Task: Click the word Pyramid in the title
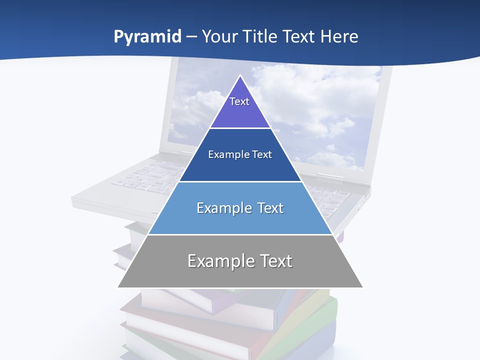coord(147,37)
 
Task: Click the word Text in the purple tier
coord(239,101)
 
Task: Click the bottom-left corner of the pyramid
coord(118,287)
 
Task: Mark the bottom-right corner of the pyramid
coord(362,287)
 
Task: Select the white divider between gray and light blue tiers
coord(240,234)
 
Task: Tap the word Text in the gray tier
coord(274,261)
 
